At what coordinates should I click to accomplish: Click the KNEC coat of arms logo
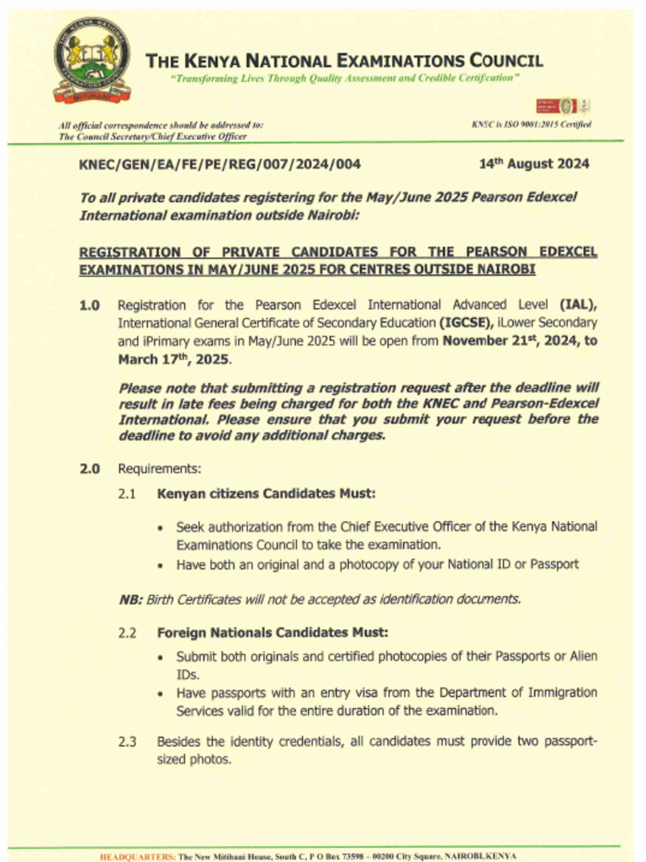92,60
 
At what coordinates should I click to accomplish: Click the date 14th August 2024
534,163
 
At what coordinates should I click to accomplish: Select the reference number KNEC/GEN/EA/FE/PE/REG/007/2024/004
220,164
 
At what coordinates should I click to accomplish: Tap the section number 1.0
90,305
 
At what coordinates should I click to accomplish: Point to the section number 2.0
90,468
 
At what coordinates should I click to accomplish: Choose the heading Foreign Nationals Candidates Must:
273,632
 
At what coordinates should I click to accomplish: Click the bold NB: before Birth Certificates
130,599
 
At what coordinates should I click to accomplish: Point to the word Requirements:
159,468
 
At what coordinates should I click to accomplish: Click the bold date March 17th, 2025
173,359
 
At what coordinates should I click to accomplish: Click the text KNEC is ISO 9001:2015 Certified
532,125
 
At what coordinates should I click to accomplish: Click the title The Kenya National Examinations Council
344,61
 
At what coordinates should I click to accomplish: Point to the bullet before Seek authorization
161,528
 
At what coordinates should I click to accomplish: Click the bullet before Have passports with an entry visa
161,694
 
